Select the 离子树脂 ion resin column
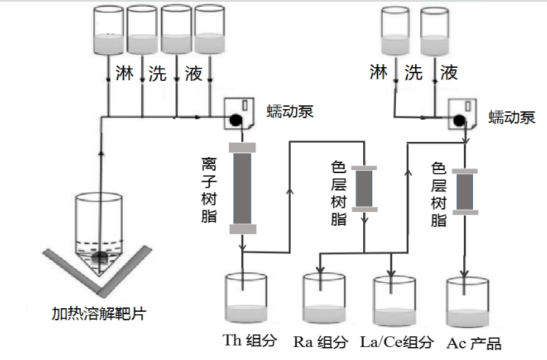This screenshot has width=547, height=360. tap(243, 188)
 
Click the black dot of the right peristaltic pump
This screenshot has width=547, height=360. tap(459, 120)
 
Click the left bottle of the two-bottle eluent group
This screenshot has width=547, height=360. tap(396, 33)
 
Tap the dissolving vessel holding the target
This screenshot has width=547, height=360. tap(100, 229)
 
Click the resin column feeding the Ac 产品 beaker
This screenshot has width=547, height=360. tap(466, 191)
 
